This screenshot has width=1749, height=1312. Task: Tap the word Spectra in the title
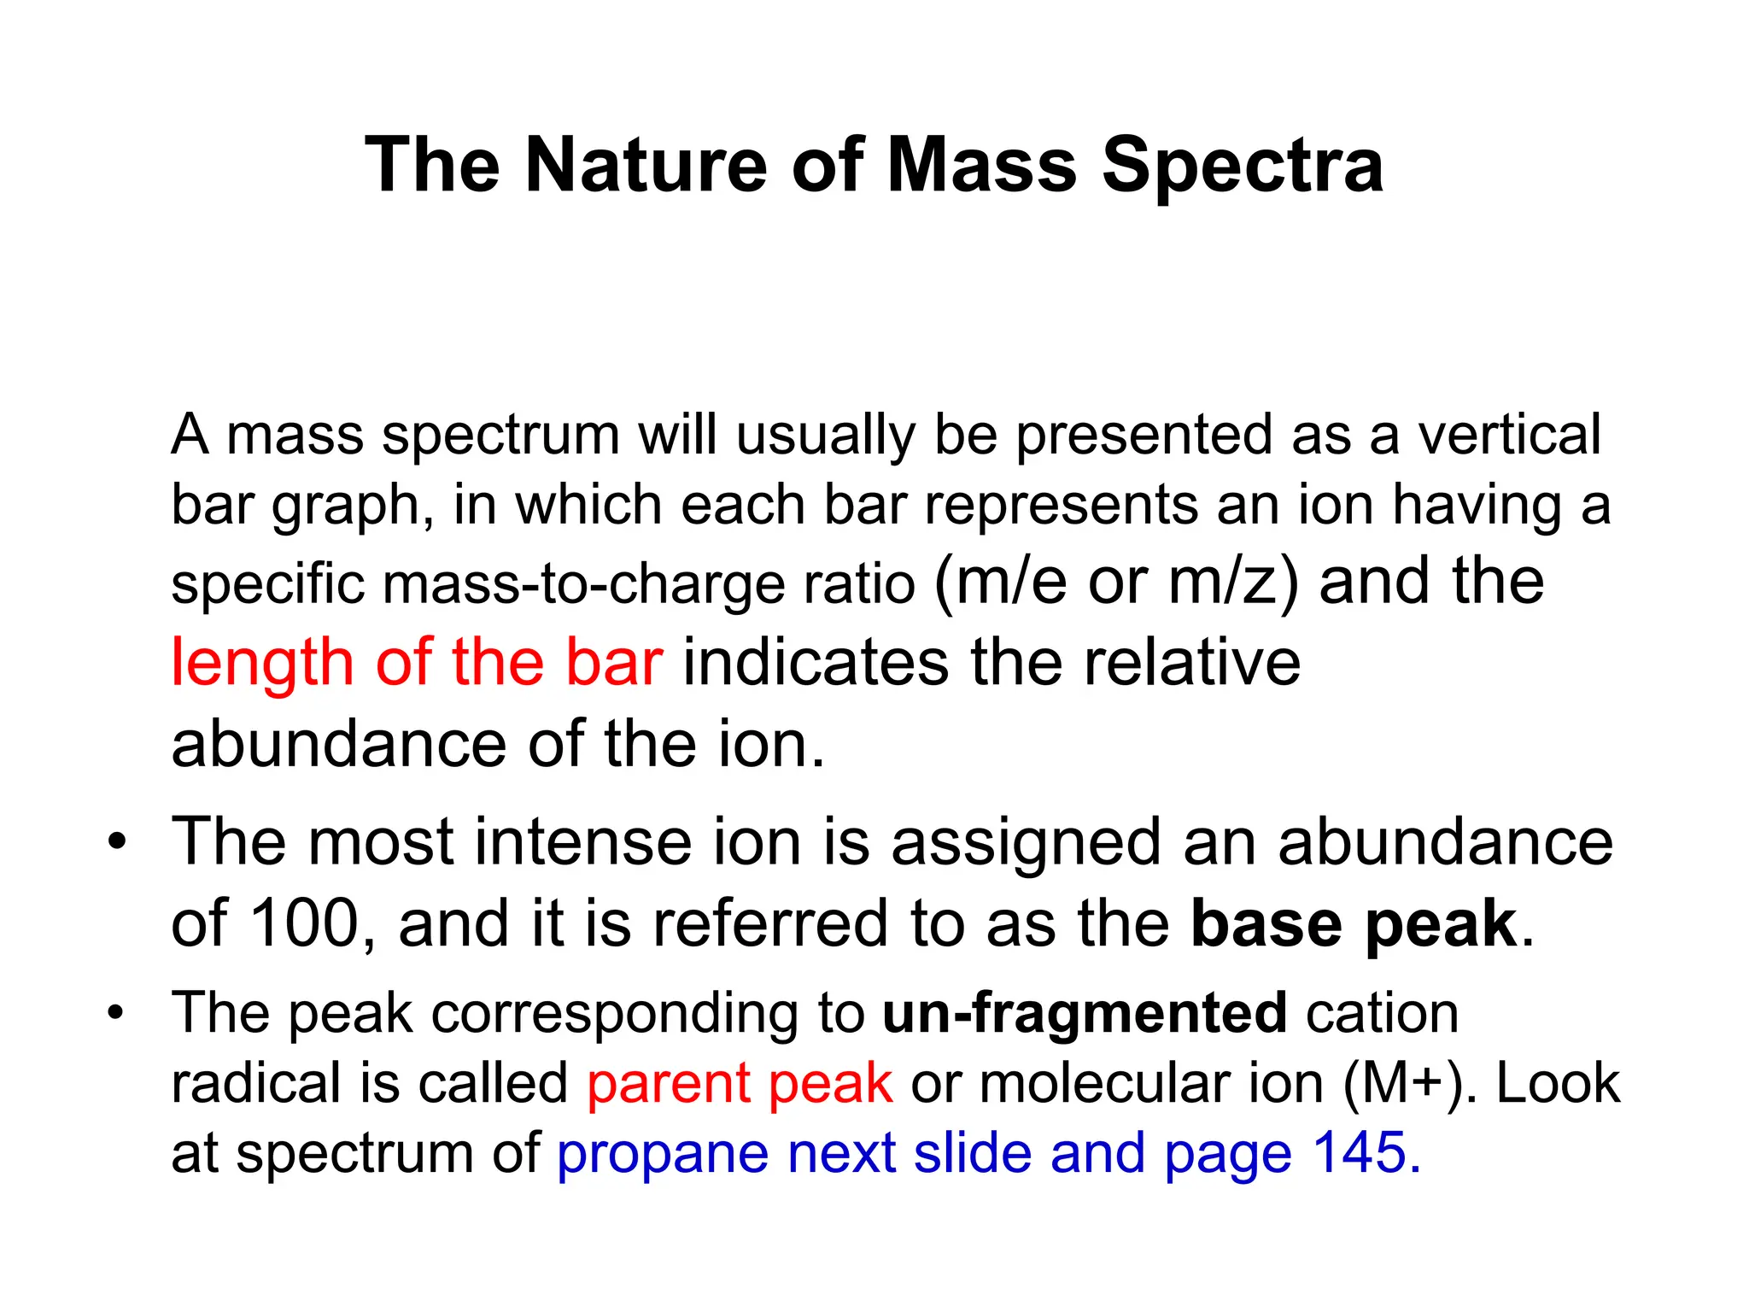click(1243, 165)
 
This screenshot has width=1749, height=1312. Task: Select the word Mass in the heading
click(982, 165)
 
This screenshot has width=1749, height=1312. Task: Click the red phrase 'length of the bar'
click(417, 663)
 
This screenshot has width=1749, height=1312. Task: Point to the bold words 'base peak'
click(1354, 924)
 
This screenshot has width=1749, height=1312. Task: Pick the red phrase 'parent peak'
click(740, 1083)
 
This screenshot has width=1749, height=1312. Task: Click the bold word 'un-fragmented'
click(1085, 1013)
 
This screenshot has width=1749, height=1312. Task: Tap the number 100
click(306, 924)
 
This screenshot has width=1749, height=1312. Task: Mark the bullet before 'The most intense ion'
click(116, 844)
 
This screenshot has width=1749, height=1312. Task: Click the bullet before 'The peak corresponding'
click(116, 1014)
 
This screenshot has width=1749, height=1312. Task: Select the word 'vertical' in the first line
click(1509, 434)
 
